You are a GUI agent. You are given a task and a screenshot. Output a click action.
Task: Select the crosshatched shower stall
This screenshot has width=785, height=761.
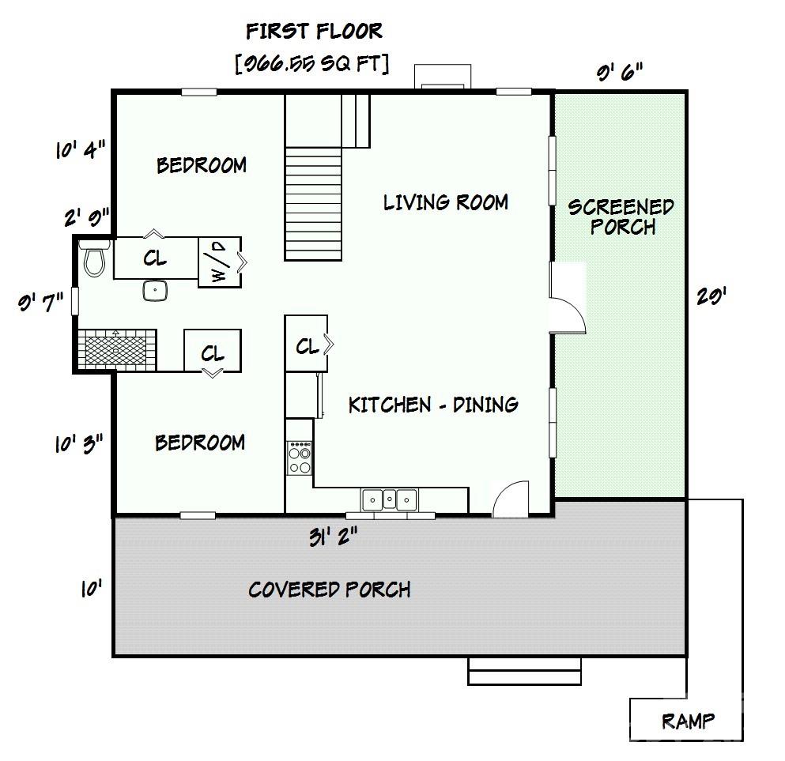point(117,348)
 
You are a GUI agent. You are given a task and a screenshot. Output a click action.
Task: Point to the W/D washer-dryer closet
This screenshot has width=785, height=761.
point(219,262)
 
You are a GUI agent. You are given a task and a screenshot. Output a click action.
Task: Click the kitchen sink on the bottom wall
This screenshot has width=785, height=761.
point(389,499)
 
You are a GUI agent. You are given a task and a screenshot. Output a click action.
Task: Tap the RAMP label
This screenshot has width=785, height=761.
point(688,721)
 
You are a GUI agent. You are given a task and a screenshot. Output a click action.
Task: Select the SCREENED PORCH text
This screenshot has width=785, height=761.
point(621,217)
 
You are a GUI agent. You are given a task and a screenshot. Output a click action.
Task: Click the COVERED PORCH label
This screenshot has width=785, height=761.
point(329,590)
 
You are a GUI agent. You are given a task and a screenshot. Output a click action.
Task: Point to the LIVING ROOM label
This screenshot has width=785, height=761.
point(445,202)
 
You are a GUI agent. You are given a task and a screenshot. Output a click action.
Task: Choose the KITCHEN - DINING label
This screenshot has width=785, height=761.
point(433,405)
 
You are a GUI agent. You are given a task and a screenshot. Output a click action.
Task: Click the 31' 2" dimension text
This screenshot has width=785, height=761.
point(333,537)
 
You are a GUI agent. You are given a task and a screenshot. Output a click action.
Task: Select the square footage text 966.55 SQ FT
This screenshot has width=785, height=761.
point(311,64)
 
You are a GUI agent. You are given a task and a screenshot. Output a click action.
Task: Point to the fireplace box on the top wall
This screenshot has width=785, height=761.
point(443,77)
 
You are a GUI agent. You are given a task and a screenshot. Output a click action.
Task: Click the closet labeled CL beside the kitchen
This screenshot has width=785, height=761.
point(307,345)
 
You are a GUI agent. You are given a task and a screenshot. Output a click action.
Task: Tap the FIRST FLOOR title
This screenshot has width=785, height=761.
point(314,32)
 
